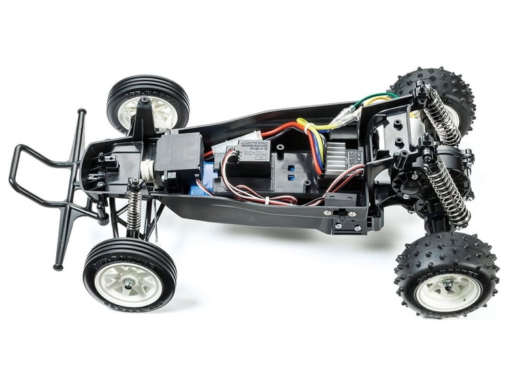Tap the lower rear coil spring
pos(447,192)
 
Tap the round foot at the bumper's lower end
pos(58,265)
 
